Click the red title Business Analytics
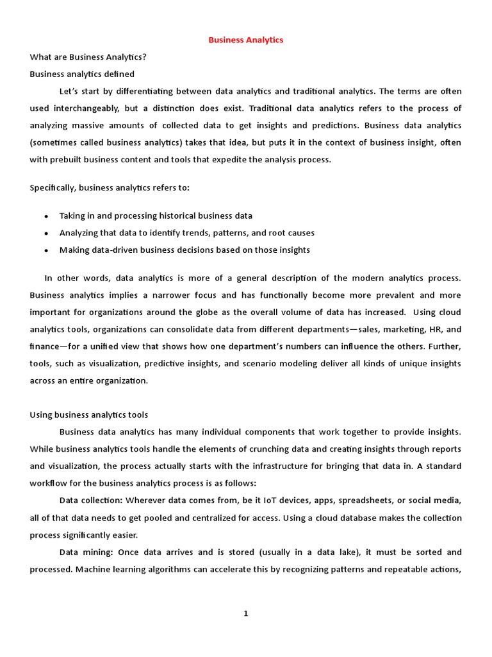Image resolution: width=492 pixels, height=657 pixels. tap(245, 40)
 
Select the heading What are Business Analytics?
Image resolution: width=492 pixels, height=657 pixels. tap(88, 57)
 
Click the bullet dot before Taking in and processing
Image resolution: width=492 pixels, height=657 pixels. tap(46, 216)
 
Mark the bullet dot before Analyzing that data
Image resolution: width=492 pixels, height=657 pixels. tap(46, 234)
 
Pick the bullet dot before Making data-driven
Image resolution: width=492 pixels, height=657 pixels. tap(46, 251)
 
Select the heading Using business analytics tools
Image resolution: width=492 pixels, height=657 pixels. tap(89, 414)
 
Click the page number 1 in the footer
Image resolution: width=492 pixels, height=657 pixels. tap(245, 613)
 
